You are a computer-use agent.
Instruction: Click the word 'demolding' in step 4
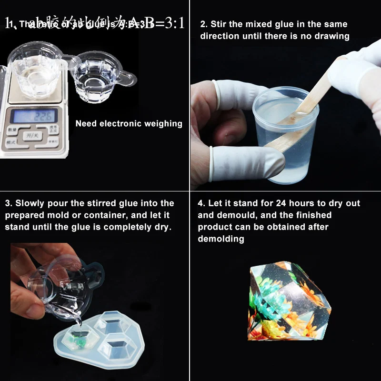pos(221,239)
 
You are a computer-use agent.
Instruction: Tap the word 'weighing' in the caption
pos(164,124)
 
